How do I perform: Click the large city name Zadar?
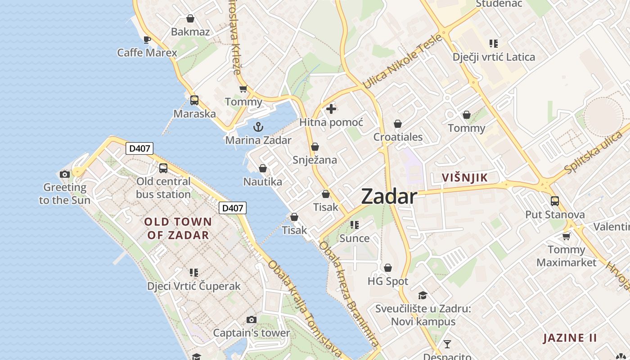pyautogui.click(x=389, y=197)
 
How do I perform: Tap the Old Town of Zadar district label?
pyautogui.click(x=178, y=228)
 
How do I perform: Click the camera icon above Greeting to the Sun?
pyautogui.click(x=65, y=174)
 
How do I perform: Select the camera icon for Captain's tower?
pyautogui.click(x=252, y=320)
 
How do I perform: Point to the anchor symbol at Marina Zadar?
pyautogui.click(x=258, y=127)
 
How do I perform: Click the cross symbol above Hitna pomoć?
pyautogui.click(x=331, y=109)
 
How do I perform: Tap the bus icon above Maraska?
pyautogui.click(x=194, y=100)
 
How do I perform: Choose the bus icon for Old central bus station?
pyautogui.click(x=163, y=168)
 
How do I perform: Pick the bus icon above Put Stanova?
pyautogui.click(x=555, y=201)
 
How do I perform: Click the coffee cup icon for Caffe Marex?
pyautogui.click(x=147, y=40)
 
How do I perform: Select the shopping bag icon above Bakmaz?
pyautogui.click(x=190, y=18)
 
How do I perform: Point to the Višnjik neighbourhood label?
pyautogui.click(x=465, y=177)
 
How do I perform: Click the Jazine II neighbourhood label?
pyautogui.click(x=570, y=338)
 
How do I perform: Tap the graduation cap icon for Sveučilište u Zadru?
pyautogui.click(x=423, y=296)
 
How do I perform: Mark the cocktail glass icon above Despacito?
pyautogui.click(x=447, y=344)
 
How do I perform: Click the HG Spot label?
pyautogui.click(x=388, y=281)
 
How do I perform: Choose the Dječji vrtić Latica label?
pyautogui.click(x=494, y=57)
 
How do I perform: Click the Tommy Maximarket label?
pyautogui.click(x=567, y=256)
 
